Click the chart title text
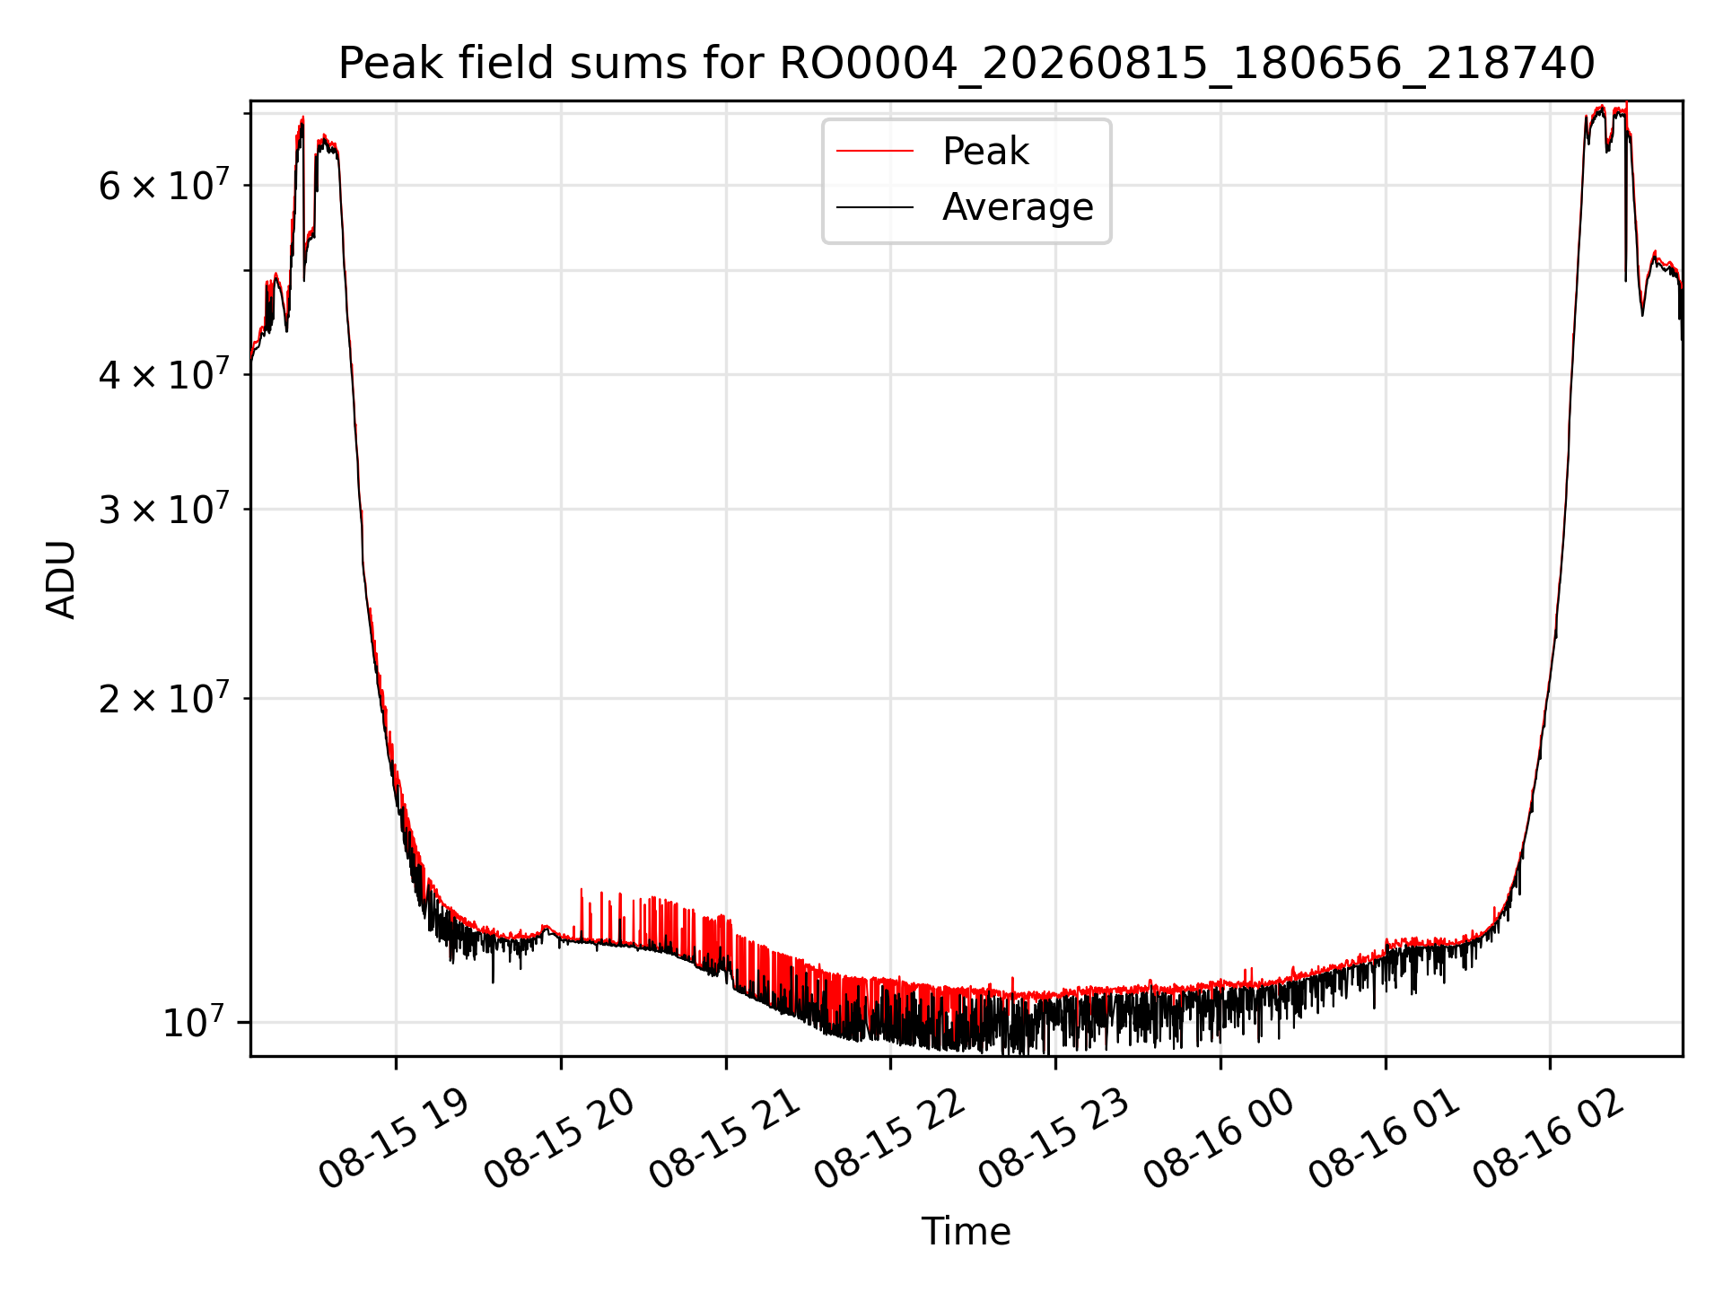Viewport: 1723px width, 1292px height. click(966, 65)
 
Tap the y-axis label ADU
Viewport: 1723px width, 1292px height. click(61, 580)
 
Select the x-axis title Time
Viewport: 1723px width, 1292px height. click(966, 1232)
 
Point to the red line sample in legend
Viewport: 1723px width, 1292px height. click(875, 152)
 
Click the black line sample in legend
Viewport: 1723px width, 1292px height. click(875, 207)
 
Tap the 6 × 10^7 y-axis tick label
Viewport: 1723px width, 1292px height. click(163, 186)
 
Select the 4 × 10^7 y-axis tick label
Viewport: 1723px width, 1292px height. click(163, 374)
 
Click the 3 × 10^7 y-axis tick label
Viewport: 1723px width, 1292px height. click(163, 509)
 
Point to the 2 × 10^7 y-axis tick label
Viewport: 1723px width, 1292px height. click(163, 697)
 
